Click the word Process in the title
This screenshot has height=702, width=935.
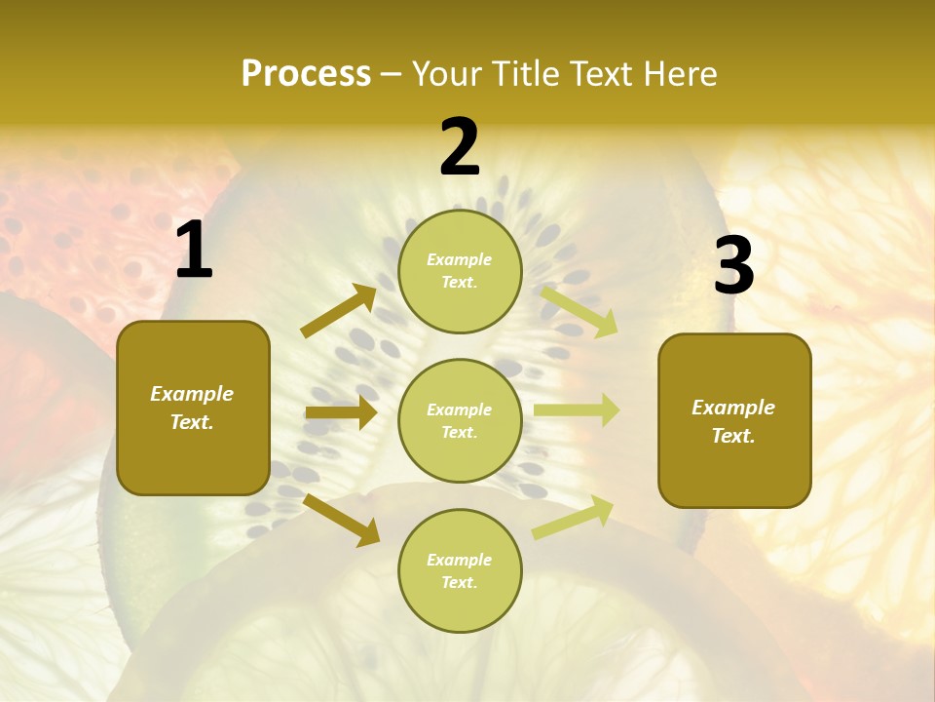click(306, 74)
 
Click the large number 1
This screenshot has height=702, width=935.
click(194, 252)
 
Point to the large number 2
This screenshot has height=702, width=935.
click(460, 148)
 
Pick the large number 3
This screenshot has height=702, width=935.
click(733, 267)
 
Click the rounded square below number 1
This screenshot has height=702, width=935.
click(193, 408)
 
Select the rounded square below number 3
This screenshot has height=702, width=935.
click(734, 420)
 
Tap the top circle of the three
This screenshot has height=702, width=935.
click(460, 271)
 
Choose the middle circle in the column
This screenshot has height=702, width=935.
click(460, 420)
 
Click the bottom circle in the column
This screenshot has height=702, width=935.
click(460, 570)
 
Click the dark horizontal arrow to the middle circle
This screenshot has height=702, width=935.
click(341, 412)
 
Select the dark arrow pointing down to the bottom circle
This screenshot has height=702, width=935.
click(342, 520)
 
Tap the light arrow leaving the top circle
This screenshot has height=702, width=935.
click(579, 310)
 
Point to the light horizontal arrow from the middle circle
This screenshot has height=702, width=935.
click(577, 410)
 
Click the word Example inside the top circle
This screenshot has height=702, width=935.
click(460, 260)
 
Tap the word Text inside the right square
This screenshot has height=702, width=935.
click(732, 436)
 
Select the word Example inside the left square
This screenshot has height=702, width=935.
click(192, 394)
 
